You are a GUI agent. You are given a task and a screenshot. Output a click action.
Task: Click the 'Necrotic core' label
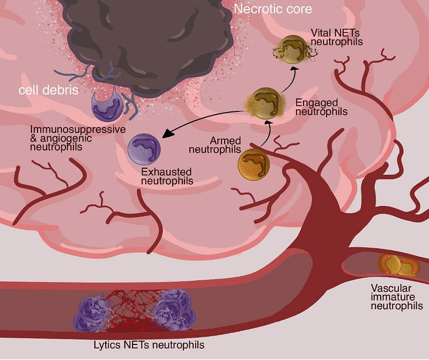(x=273, y=9)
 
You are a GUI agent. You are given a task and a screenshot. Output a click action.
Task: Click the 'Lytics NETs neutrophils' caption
(x=141, y=345)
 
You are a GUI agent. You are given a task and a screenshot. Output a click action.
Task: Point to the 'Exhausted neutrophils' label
(x=167, y=177)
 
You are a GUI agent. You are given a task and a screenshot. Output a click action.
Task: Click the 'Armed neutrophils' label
(x=213, y=145)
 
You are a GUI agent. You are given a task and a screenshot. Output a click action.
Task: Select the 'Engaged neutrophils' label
(x=322, y=107)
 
